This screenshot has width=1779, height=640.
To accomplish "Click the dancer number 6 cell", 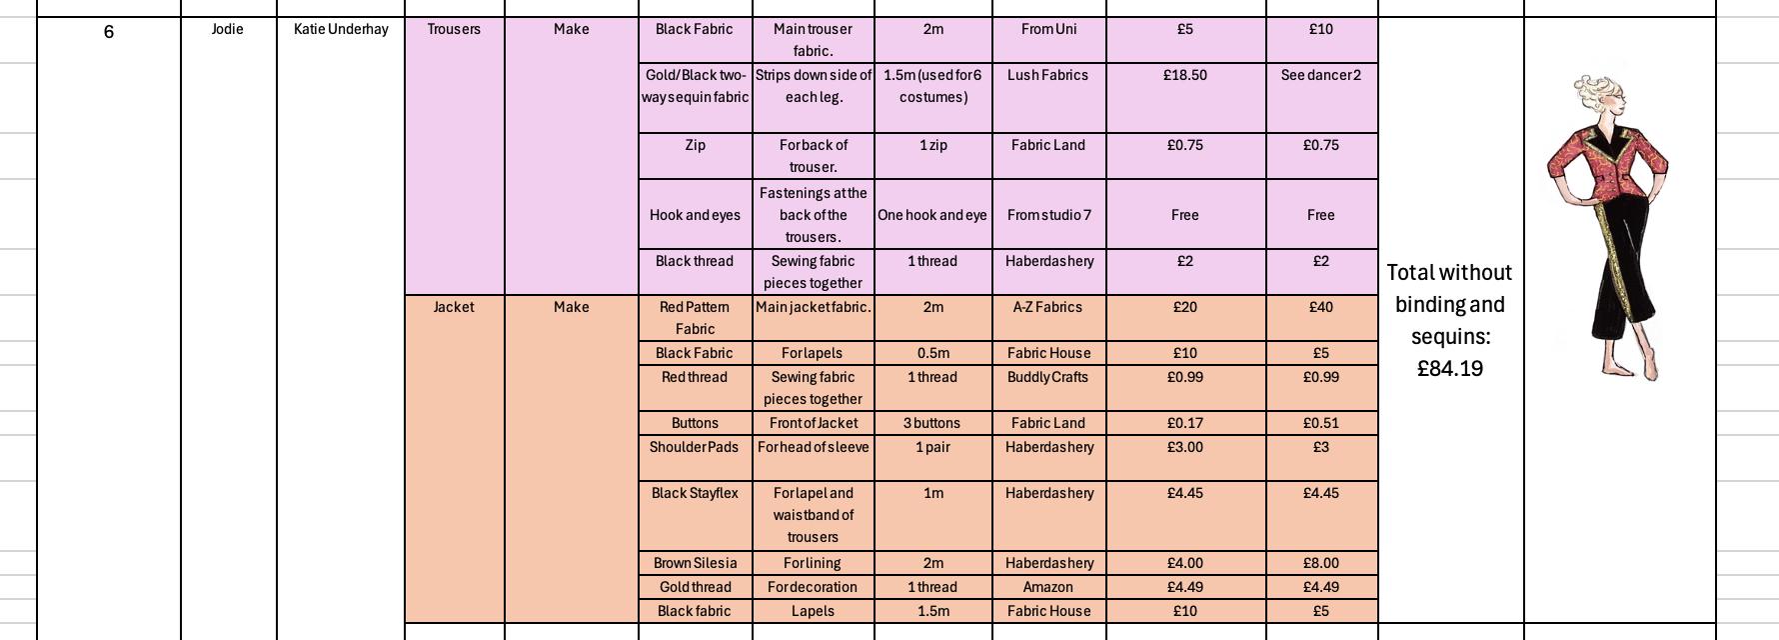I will click(x=108, y=32).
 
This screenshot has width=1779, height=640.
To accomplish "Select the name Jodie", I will click(x=228, y=29).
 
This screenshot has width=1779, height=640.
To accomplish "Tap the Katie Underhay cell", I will click(x=341, y=29).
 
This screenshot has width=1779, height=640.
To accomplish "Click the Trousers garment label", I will click(x=454, y=29).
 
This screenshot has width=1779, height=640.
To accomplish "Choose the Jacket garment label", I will click(x=454, y=307).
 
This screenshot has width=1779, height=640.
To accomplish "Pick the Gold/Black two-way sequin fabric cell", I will click(x=695, y=86).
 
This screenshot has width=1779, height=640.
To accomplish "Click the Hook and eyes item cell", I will click(x=695, y=215).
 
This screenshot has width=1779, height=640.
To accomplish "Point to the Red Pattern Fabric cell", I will click(x=695, y=318).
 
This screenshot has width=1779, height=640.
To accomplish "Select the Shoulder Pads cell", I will click(x=694, y=447).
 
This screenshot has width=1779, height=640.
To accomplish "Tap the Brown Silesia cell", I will click(x=695, y=563).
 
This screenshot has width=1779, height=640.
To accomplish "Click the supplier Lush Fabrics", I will click(x=1047, y=75).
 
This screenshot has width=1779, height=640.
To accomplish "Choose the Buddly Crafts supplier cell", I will click(x=1048, y=377).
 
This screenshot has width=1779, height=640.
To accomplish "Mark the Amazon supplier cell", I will click(x=1047, y=587).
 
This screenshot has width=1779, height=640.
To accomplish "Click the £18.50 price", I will click(x=1184, y=75).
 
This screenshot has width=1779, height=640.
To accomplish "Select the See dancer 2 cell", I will click(x=1320, y=75).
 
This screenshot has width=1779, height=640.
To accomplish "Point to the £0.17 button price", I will click(x=1184, y=423).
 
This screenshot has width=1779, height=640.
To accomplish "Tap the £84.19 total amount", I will click(x=1449, y=369).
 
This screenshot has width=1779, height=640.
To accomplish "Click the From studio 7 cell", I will click(x=1048, y=215).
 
